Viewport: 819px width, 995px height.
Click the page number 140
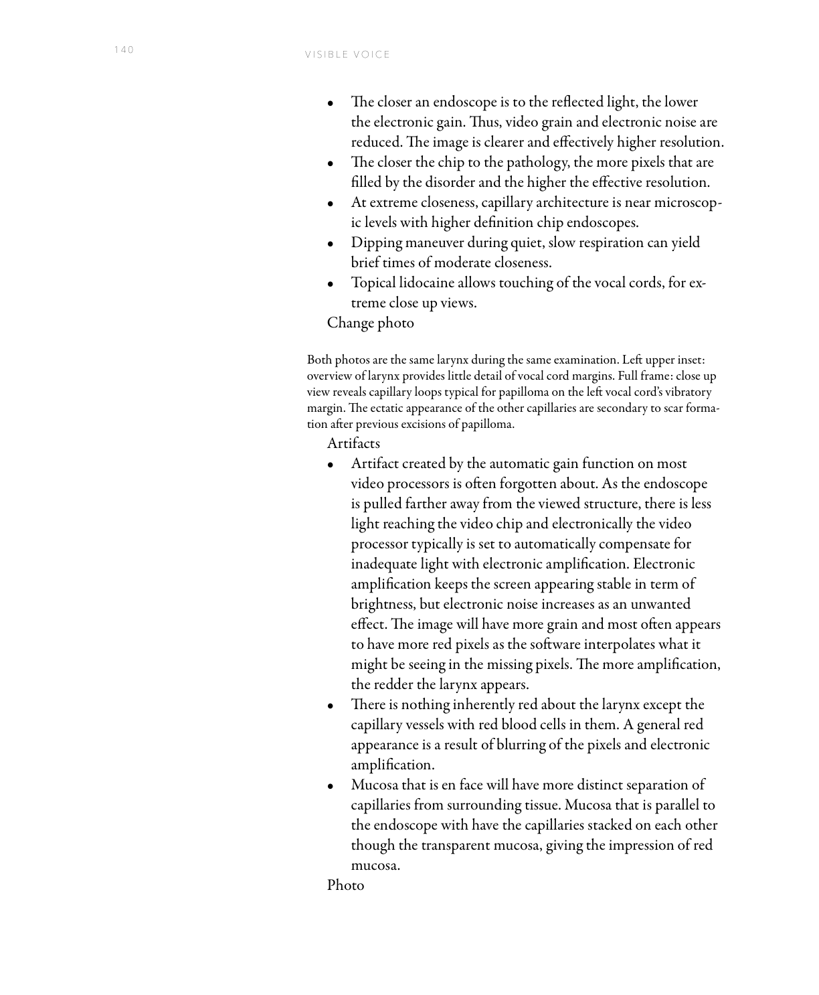point(124,50)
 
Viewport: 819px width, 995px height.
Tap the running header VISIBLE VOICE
point(347,55)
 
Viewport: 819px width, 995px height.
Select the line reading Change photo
point(370,323)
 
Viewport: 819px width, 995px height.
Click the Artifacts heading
point(353,443)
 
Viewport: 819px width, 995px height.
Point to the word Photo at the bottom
point(345,885)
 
